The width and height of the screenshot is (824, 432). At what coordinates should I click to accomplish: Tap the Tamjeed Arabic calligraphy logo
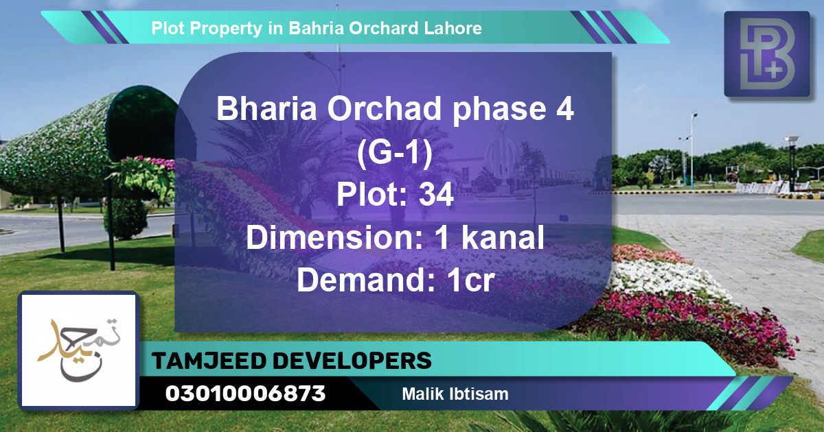pyautogui.click(x=79, y=350)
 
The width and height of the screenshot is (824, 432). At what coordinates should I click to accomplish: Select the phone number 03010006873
pyautogui.click(x=245, y=394)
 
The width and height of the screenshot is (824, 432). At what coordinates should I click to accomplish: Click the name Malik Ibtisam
pyautogui.click(x=455, y=394)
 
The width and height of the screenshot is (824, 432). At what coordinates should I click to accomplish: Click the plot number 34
pyautogui.click(x=436, y=196)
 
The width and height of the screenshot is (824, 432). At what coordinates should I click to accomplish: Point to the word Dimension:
pyautogui.click(x=335, y=238)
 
